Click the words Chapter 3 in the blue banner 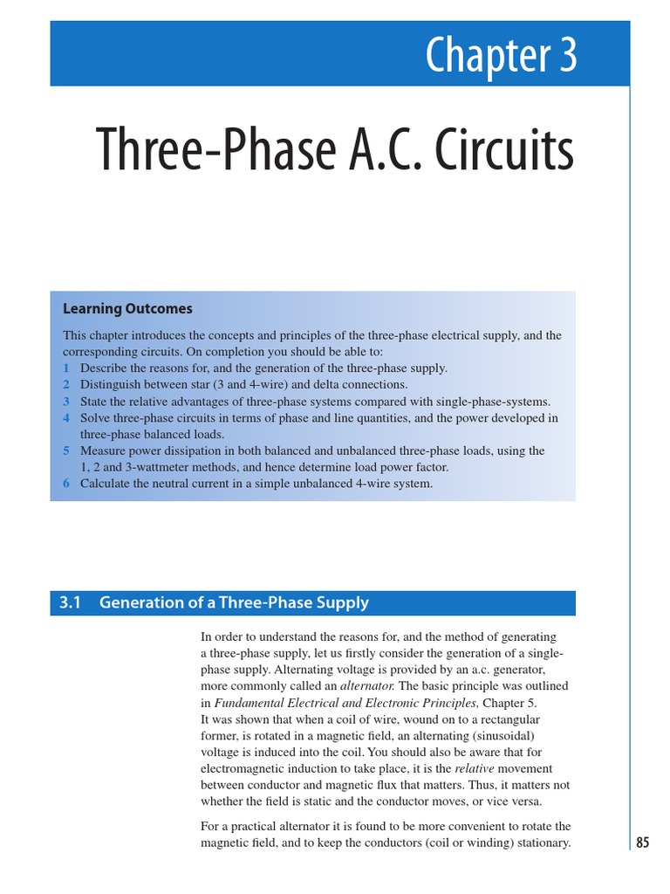tap(501, 56)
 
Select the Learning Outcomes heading tap(127, 309)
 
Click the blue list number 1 tap(65, 368)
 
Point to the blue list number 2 tap(65, 385)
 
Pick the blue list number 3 tap(65, 402)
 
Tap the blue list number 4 tap(65, 418)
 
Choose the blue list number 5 tap(65, 451)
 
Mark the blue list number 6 tap(65, 484)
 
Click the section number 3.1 tap(70, 602)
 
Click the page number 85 tap(643, 842)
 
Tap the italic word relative tap(475, 769)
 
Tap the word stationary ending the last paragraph tap(541, 842)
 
